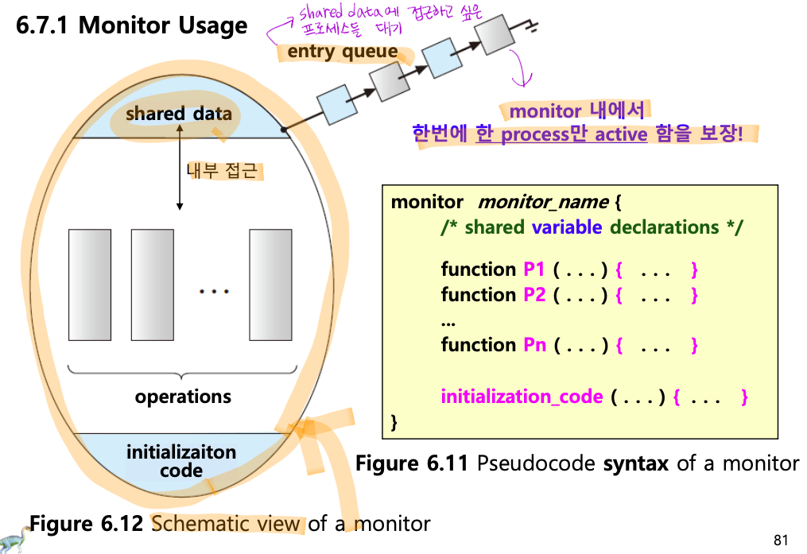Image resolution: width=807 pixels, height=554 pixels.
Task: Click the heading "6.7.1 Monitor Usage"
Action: [132, 25]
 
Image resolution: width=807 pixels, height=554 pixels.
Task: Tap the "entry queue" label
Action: [343, 52]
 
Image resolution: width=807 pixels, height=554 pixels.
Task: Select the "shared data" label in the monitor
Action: [179, 113]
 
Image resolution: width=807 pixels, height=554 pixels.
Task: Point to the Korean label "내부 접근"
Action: [222, 170]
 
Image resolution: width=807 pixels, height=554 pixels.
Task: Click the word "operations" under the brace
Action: [183, 397]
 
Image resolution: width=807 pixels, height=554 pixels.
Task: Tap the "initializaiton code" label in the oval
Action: [181, 461]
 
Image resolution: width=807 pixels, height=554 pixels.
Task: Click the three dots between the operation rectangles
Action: [214, 292]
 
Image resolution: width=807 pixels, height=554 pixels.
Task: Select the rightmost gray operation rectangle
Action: [270, 285]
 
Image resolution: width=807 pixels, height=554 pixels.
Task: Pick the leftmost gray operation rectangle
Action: [90, 285]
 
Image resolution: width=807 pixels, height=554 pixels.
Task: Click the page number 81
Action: [781, 540]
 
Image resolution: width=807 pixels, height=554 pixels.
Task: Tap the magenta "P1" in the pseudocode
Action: [533, 269]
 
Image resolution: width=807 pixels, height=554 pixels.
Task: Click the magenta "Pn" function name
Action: [534, 345]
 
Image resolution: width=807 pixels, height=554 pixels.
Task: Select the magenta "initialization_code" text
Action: [522, 397]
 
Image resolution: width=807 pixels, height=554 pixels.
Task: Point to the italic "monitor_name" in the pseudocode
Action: [544, 202]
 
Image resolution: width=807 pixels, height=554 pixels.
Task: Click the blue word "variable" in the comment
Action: [567, 227]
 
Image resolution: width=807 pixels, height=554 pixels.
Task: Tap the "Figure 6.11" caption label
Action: [412, 463]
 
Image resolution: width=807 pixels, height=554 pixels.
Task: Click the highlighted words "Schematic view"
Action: [226, 524]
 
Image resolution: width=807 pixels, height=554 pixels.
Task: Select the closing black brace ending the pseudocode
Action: [394, 422]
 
